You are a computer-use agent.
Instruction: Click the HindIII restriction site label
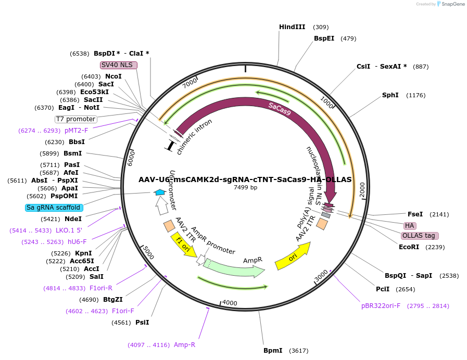pos(292,27)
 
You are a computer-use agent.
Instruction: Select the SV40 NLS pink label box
pos(119,65)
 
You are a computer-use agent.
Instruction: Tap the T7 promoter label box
pos(76,119)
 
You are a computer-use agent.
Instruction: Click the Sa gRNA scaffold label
pos(54,208)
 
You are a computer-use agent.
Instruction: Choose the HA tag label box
pos(410,226)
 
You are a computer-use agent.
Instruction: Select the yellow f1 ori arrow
pos(183,245)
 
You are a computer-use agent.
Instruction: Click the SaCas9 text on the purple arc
pos(280,109)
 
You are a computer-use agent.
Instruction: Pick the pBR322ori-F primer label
pos(381,306)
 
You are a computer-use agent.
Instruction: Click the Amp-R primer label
pos(184,345)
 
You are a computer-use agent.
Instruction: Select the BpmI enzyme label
pos(273,351)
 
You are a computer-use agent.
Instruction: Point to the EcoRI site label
pos(409,247)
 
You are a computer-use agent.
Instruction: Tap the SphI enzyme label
pos(390,95)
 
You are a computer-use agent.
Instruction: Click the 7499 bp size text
pos(245,187)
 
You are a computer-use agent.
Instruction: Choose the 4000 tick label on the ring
pos(230,303)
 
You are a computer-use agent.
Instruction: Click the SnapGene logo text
pos(451,4)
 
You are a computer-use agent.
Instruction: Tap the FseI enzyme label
pos(415,214)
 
